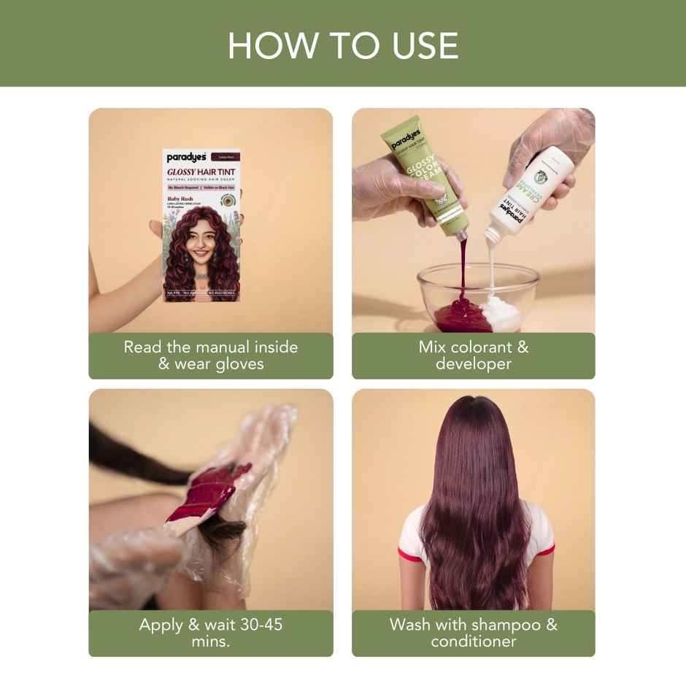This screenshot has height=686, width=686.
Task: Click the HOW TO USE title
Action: [343, 45]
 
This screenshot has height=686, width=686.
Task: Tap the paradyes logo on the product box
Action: [185, 156]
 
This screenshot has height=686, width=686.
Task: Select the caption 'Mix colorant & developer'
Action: [473, 355]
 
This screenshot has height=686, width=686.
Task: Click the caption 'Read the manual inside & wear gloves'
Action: [210, 355]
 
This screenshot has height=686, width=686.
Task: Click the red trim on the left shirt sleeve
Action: [410, 557]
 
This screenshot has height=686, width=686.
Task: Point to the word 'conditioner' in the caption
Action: [473, 641]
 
